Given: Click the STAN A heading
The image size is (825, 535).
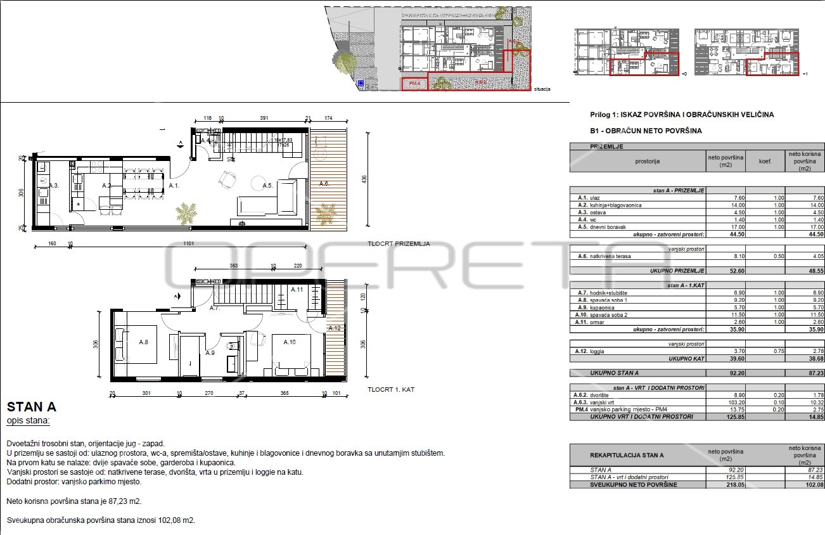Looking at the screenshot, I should [31, 406].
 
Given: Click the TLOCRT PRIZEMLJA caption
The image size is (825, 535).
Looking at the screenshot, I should [399, 243].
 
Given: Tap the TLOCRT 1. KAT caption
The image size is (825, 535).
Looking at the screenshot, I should [390, 389].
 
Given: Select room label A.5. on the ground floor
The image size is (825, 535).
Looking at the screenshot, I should [267, 185].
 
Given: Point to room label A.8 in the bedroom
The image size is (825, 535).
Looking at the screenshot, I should [143, 342].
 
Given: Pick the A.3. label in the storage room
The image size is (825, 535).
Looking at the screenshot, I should [54, 185].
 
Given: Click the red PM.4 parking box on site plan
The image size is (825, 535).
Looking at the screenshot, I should [414, 84].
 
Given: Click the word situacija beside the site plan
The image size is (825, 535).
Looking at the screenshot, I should [542, 89].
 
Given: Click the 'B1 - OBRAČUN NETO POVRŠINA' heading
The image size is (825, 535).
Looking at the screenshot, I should [645, 131].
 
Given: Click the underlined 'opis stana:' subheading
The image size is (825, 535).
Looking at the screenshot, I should [28, 420].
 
